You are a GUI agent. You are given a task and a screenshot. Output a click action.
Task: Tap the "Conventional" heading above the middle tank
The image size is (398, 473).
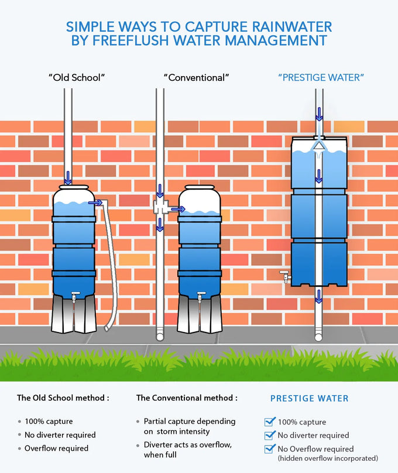(x=196, y=77)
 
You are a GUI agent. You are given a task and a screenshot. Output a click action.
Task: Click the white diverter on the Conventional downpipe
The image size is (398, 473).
(x=160, y=207)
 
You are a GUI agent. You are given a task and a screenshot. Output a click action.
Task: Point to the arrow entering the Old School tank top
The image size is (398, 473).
(x=68, y=177)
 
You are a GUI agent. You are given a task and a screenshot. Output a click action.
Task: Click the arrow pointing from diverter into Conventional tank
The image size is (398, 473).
(x=175, y=208)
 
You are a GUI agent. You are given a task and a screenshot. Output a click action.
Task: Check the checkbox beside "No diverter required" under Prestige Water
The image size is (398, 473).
(x=270, y=435)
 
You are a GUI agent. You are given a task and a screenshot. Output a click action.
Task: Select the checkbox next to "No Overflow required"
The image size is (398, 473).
(x=270, y=449)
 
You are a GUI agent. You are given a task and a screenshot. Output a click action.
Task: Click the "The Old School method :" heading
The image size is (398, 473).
(x=63, y=397)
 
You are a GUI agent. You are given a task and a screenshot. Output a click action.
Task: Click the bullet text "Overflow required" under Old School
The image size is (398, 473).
(x=56, y=448)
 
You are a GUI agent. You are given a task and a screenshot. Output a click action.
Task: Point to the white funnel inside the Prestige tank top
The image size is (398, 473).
(x=318, y=145)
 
